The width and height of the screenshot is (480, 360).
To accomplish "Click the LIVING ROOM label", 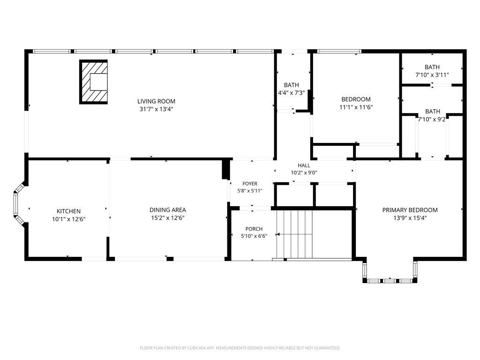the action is (x=156, y=101).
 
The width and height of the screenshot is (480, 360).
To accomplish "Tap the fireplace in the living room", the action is (x=93, y=82).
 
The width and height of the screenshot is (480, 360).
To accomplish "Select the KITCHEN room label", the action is (x=68, y=211).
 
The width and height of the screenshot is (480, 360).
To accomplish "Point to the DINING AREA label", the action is (x=168, y=210).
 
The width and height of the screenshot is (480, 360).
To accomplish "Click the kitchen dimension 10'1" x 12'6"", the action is (x=68, y=219).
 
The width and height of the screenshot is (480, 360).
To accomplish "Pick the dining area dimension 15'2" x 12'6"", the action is (x=168, y=218).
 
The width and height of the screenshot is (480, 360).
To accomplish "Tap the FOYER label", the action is (x=250, y=184).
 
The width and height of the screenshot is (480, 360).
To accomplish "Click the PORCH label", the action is (x=254, y=229).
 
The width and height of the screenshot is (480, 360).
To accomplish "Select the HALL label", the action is (x=304, y=165).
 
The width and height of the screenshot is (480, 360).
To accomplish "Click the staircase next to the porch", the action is (x=294, y=234).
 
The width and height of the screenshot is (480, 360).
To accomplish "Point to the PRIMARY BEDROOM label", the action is (x=410, y=210).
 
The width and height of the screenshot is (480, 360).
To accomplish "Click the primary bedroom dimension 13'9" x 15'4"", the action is (x=410, y=218).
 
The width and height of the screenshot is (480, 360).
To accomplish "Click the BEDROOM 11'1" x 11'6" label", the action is (x=356, y=103).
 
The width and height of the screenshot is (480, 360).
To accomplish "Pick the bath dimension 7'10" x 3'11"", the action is (x=432, y=75).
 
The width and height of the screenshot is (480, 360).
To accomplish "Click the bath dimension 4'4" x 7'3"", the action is (x=292, y=93).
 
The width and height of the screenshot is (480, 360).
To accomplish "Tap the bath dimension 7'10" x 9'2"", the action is (x=432, y=120).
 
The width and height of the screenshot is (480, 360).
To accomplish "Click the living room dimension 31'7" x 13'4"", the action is (x=157, y=109).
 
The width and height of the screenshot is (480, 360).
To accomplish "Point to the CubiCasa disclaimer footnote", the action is (x=240, y=348).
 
